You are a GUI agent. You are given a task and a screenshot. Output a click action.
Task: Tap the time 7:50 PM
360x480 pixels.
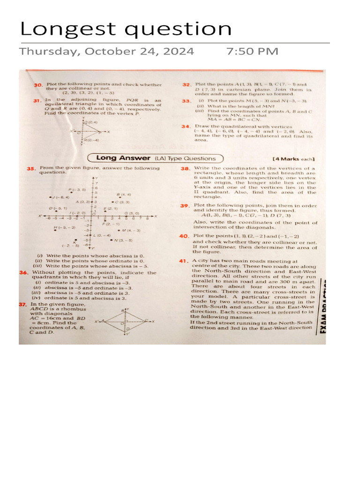pos(252,51)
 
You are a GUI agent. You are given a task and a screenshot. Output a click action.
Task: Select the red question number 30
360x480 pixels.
pos(38,85)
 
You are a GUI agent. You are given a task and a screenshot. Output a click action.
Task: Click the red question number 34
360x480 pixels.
pos(186,127)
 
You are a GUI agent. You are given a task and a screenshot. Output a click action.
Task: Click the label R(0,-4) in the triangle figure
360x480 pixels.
pos(91,140)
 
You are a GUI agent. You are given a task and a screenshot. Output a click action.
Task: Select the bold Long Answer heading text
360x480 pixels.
pos(123,158)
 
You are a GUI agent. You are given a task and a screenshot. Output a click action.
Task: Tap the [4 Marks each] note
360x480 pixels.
pos(293,159)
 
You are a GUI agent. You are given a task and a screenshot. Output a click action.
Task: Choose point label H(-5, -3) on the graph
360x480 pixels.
pos(64,227)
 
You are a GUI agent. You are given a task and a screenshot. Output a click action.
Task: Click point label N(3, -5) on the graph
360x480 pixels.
pos(123,240)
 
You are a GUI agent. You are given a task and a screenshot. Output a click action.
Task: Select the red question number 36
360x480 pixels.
pos(23,272)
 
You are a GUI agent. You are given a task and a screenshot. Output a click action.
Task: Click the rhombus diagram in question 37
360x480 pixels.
pos(125,322)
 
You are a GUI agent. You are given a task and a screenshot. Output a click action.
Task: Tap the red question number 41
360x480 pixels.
pos(183,261)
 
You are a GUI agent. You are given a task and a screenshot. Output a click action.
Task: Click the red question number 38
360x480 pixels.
pos(185,168)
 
